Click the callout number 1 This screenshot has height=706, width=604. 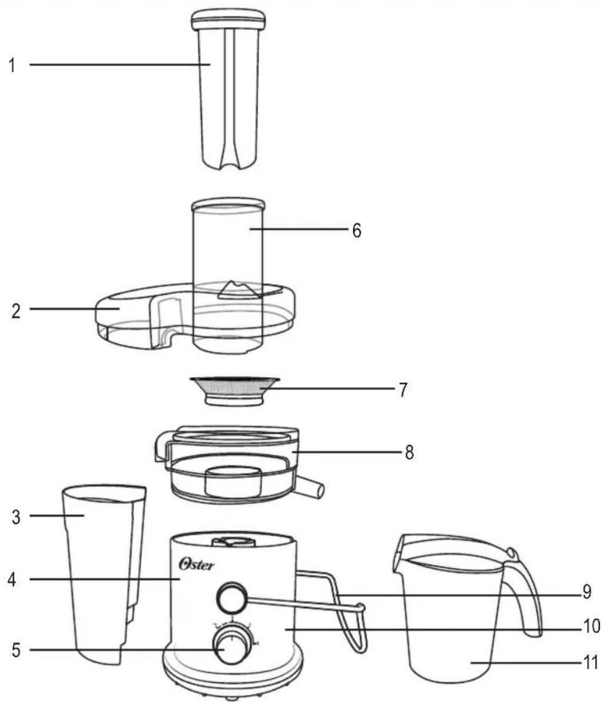click(12, 65)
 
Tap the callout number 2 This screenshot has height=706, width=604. click(16, 311)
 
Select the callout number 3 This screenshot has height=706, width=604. click(16, 517)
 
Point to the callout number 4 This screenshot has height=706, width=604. click(12, 579)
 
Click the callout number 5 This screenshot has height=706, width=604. click(16, 650)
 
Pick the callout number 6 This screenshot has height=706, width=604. click(357, 230)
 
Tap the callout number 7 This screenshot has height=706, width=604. click(403, 390)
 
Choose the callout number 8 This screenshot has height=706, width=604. click(409, 452)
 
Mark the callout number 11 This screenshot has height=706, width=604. click(590, 663)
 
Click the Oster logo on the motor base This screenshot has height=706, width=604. click(197, 564)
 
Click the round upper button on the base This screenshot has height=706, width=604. click(231, 598)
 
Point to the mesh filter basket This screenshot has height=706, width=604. click(234, 391)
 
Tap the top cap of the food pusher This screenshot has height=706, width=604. click(228, 21)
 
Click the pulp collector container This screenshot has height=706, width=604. click(104, 574)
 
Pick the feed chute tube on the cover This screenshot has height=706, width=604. click(228, 275)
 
